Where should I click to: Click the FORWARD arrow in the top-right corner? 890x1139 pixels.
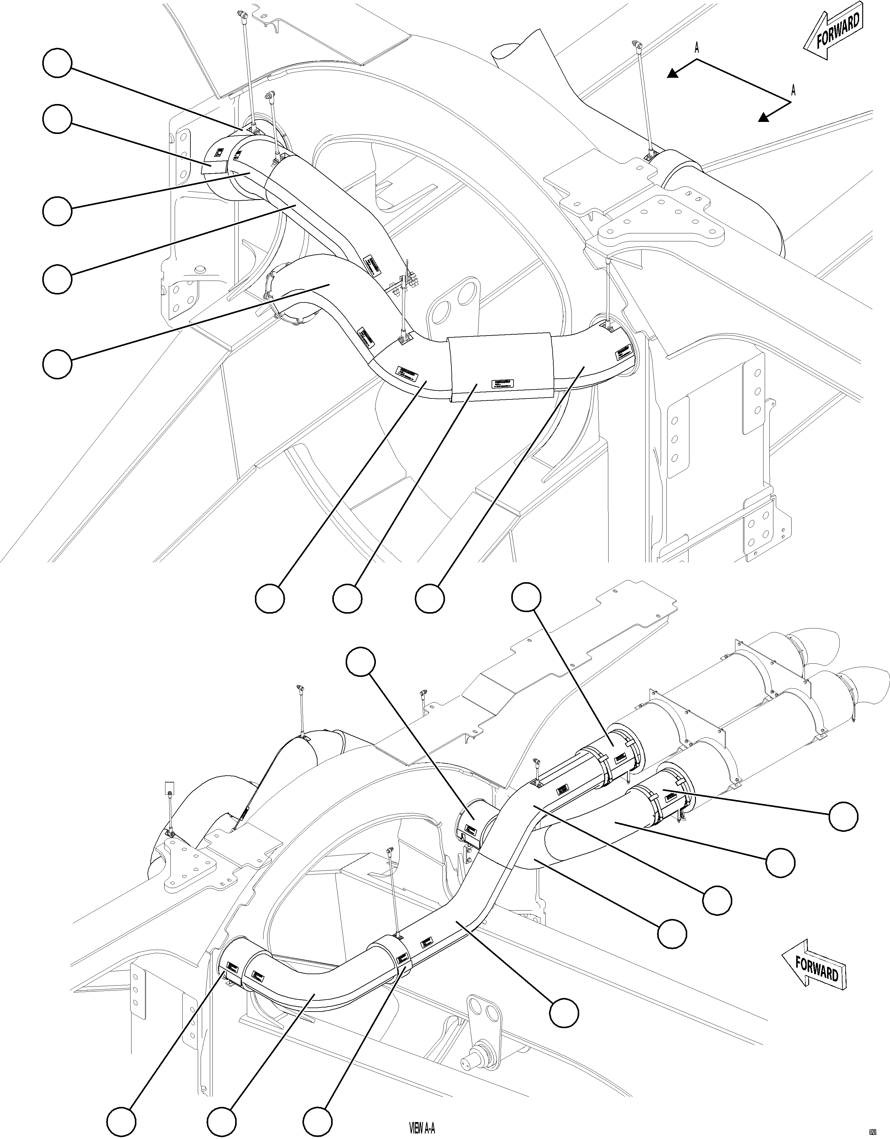(x=833, y=32)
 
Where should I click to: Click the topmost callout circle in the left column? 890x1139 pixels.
(x=57, y=63)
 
